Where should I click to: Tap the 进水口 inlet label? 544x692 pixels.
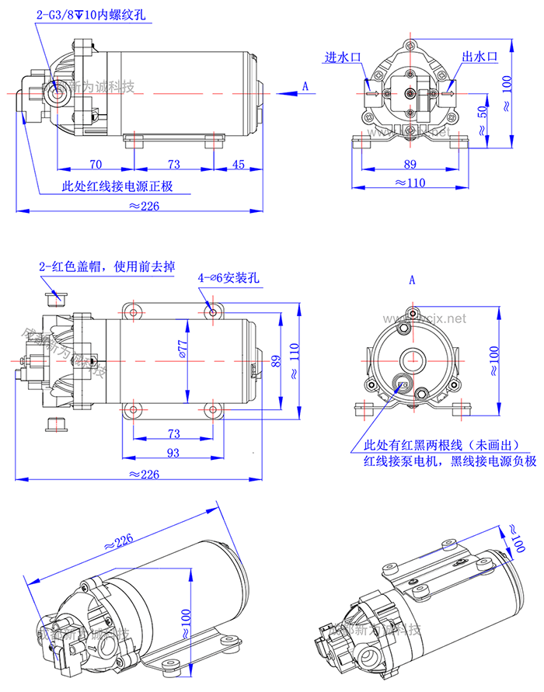click(343, 58)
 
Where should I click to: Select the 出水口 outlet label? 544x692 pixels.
click(479, 58)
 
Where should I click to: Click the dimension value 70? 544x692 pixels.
click(96, 164)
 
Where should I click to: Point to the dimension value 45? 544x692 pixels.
click(238, 164)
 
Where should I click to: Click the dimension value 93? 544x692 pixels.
click(173, 453)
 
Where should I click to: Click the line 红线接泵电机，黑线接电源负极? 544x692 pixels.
click(450, 461)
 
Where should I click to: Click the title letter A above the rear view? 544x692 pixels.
click(412, 278)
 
